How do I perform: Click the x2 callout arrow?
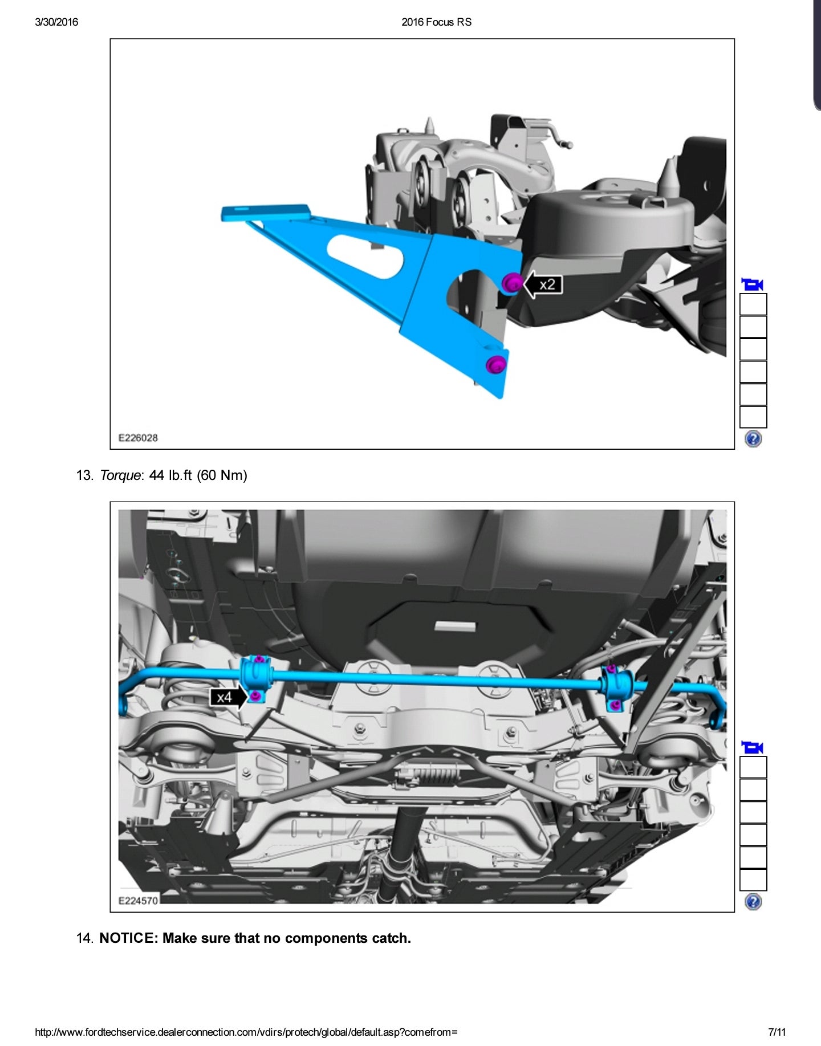[x=543, y=284]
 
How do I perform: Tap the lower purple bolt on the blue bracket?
[x=495, y=364]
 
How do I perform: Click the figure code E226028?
[x=138, y=438]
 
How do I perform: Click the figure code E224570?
[x=138, y=901]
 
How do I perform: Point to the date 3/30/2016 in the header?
[x=56, y=22]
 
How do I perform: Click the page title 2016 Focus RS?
[x=436, y=22]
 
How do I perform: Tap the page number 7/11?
[x=777, y=1032]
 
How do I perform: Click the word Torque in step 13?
[x=120, y=475]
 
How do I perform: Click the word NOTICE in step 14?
[x=127, y=938]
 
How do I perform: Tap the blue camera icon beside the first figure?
[x=753, y=284]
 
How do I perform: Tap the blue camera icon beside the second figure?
[x=753, y=747]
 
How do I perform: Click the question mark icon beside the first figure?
[x=753, y=439]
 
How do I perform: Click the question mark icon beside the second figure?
[x=753, y=902]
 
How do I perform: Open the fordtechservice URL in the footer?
[x=246, y=1032]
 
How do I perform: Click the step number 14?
[x=84, y=938]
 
